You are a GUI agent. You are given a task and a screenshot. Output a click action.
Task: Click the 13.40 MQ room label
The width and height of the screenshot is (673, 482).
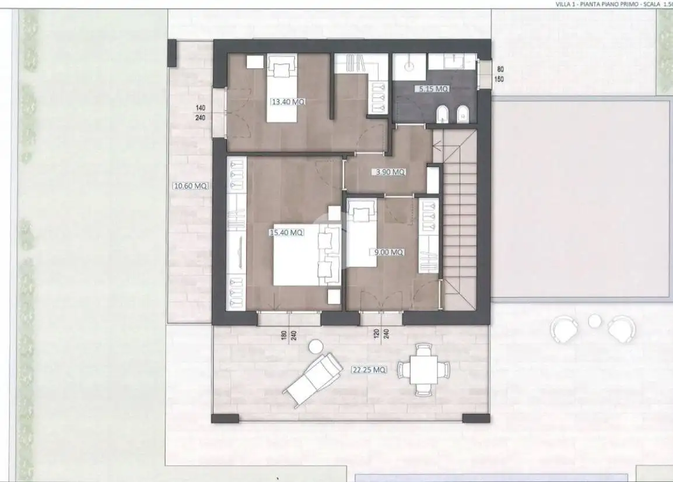click(288, 102)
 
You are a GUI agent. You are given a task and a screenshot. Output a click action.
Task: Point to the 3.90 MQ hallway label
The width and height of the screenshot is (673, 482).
click(390, 173)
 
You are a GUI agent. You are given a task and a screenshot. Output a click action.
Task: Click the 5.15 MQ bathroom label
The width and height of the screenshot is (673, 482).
click(432, 89)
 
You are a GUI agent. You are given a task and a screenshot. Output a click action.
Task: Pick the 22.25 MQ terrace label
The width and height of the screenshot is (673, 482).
click(369, 370)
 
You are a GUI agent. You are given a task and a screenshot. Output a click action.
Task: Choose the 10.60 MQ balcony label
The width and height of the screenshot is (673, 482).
click(190, 187)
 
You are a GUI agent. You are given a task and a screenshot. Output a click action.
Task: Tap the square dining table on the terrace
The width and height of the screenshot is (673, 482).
click(423, 370)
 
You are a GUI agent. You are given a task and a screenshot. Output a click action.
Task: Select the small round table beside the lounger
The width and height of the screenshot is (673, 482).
click(316, 346)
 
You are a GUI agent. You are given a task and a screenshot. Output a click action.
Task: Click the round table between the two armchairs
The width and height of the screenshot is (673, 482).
click(594, 321)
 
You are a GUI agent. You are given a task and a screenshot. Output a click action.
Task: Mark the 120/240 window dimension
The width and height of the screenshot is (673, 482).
click(381, 337)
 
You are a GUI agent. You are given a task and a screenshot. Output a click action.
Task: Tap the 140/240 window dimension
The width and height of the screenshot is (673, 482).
click(201, 112)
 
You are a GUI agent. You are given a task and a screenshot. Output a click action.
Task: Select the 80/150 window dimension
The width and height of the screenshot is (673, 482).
click(500, 74)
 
